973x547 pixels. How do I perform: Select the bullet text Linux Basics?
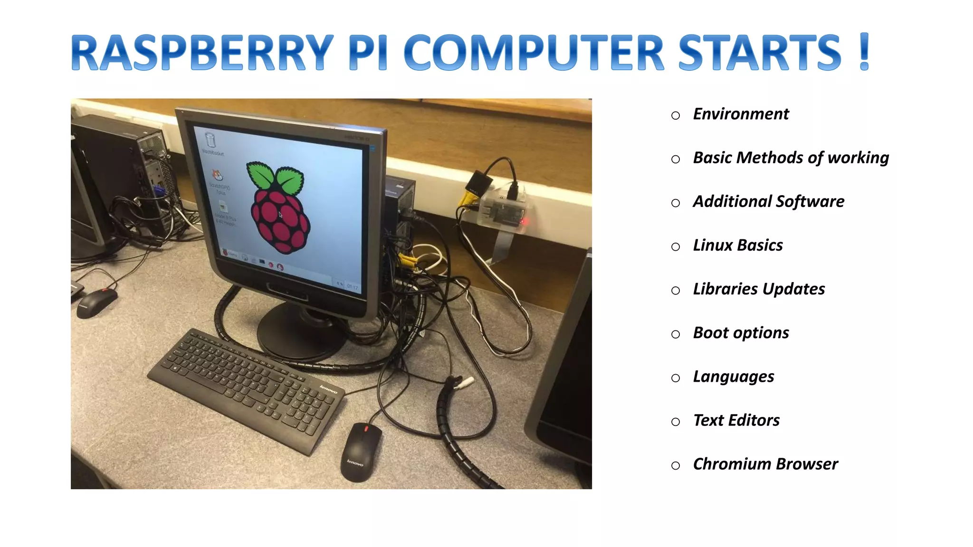coord(737,245)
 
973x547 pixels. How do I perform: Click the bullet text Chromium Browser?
coord(765,464)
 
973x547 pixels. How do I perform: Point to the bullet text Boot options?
coord(741,333)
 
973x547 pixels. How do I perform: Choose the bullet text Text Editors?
coord(736,420)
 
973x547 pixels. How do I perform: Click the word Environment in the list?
coord(741,114)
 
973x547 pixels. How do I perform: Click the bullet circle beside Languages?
coord(676,378)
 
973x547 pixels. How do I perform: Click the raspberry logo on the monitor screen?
coord(279,209)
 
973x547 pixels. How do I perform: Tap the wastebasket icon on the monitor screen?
coord(210,140)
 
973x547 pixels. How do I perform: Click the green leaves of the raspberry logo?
coord(276,178)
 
